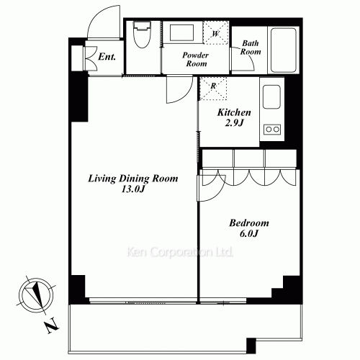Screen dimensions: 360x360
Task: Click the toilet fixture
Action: coord(142,35)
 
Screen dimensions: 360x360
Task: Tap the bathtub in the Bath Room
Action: coord(283,50)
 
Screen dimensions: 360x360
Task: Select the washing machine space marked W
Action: coord(215,33)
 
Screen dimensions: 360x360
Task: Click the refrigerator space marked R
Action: coord(213,89)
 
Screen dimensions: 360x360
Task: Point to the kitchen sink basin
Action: coord(271,96)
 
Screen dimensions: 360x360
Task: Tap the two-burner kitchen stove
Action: coord(272,130)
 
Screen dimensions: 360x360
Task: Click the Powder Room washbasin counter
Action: coord(181,32)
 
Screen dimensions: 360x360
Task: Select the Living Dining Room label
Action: coord(133,179)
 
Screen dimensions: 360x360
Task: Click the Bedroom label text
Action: coord(249,223)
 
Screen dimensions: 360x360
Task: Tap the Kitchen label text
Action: coord(234,112)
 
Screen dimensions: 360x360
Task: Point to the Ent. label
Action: coord(107,57)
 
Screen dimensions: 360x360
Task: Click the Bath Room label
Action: coord(251,48)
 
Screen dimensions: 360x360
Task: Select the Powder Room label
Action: coord(196,59)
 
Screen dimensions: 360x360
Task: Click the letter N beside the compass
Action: coord(52,326)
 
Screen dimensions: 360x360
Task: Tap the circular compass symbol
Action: coord(36,294)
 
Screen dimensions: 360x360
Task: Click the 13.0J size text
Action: coord(133,189)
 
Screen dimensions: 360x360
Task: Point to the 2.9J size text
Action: coord(234,123)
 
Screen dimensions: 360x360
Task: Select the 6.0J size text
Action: coord(249,233)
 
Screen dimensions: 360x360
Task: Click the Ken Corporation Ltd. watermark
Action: coord(179,252)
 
